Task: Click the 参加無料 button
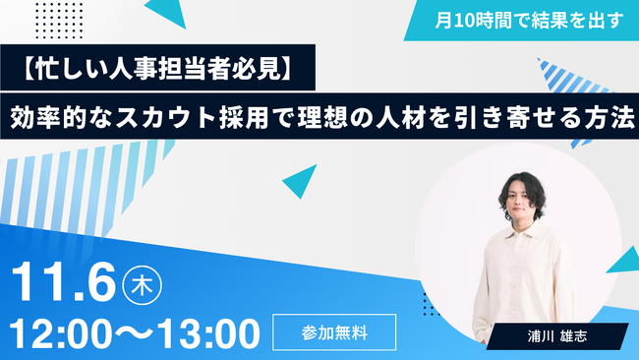pyautogui.click(x=334, y=331)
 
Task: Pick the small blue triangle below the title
pyautogui.click(x=299, y=180)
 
